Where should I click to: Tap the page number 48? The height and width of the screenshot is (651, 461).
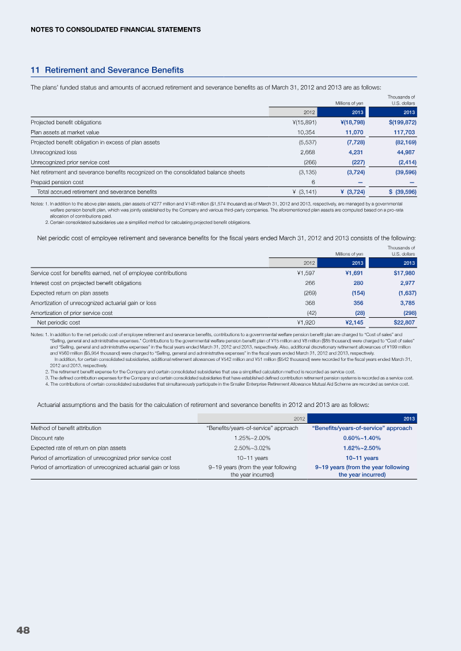click(x=23, y=630)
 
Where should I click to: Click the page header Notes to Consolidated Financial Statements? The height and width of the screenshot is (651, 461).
click(x=115, y=29)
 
